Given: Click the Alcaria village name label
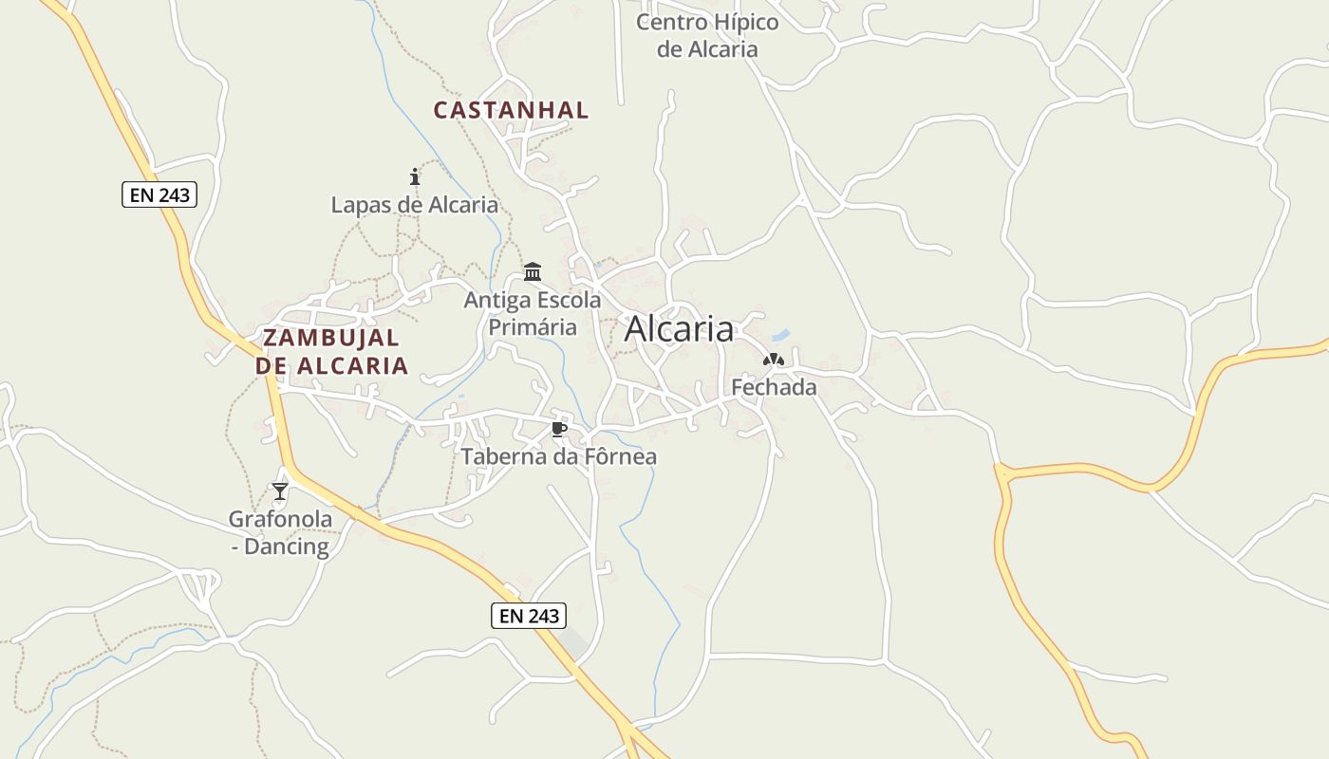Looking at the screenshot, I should click(679, 329).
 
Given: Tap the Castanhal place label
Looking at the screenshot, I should click(511, 110).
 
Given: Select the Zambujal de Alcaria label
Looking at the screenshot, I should click(332, 351).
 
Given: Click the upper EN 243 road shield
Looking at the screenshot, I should click(159, 195).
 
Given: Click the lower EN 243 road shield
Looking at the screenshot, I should click(529, 616).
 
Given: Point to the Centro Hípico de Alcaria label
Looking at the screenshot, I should click(707, 36).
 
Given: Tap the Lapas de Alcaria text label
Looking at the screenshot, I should click(414, 204).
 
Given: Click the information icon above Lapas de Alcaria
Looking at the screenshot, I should click(414, 176).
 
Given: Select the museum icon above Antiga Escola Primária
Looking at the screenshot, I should click(533, 272).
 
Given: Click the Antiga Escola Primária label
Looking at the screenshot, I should click(533, 313).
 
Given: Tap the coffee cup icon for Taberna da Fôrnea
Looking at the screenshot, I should click(559, 430).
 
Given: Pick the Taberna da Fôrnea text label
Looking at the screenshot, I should click(559, 456).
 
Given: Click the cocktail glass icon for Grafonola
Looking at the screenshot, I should click(280, 491).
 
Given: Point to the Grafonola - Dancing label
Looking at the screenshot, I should click(280, 532).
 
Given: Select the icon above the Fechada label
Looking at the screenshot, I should click(774, 361).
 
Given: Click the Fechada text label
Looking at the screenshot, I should click(774, 387).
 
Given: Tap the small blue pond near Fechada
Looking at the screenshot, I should click(780, 335).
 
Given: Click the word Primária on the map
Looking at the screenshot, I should click(533, 327).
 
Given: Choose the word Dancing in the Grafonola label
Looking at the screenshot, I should click(287, 546).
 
